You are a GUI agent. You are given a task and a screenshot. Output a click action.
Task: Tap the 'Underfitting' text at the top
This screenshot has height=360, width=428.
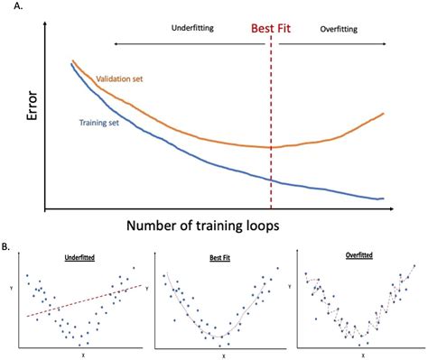pos(191,28)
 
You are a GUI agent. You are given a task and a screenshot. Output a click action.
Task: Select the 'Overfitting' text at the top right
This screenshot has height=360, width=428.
pos(339,29)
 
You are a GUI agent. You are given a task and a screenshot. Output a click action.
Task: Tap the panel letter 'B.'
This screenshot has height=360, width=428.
pos(8,245)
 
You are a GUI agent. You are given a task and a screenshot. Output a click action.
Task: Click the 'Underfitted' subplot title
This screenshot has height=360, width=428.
pos(84,257)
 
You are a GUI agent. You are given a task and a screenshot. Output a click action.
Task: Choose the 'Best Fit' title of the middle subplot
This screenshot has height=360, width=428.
pos(216,257)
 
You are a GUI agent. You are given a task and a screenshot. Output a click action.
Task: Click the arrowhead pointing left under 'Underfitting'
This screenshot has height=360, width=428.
pos(116,42)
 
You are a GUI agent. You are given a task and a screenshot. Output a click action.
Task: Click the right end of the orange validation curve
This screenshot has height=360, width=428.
pos(384,114)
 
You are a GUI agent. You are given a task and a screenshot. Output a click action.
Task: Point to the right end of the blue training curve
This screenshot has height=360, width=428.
pos(384,198)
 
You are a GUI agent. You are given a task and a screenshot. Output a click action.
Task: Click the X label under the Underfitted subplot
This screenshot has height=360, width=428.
pos(81,355)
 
